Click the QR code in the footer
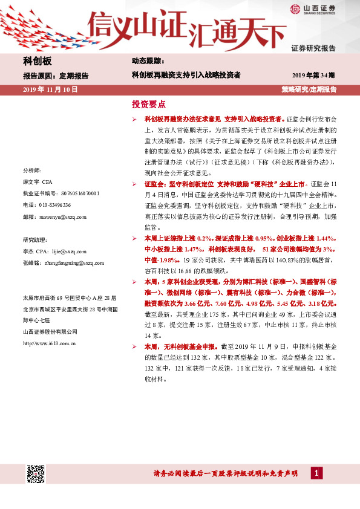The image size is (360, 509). tap(36, 475)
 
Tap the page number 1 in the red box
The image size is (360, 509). tap(316, 473)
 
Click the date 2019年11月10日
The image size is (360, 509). tap(50, 89)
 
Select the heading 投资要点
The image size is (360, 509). tap(148, 104)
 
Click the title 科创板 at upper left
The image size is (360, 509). tap(38, 62)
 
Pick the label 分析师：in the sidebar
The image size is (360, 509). tap(31, 171)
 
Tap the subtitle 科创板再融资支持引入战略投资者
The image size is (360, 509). tap(186, 76)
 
